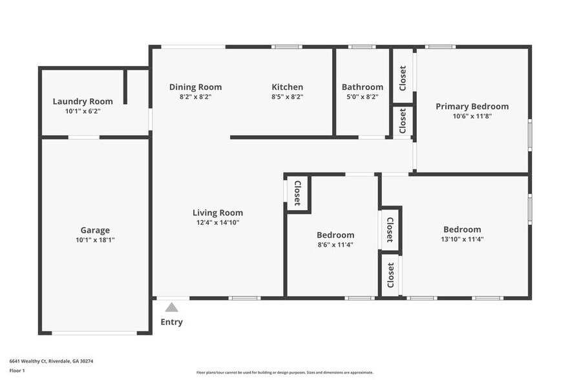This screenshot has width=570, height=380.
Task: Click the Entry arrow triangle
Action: tap(171, 308)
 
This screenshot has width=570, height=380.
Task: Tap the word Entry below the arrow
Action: tap(171, 322)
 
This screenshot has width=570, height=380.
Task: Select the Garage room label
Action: tap(95, 230)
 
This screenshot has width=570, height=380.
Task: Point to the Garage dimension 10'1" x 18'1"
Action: tap(95, 240)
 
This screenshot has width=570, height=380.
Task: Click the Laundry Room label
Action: tap(83, 101)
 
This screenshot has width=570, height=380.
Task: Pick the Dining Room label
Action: tap(195, 87)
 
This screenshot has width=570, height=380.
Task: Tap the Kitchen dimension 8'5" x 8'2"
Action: tap(287, 97)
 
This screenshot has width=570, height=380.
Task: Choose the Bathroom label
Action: tap(363, 87)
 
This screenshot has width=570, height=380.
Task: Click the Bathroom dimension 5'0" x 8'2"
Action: tap(363, 97)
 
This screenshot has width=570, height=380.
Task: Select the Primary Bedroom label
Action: tap(472, 107)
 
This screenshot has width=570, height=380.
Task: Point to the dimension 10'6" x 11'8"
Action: tap(472, 116)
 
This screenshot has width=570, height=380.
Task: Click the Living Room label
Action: tap(218, 213)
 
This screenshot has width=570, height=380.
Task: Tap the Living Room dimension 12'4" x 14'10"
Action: tap(218, 222)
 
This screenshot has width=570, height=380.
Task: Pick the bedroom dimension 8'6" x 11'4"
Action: tap(335, 245)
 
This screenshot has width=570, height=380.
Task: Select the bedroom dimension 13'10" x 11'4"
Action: tap(462, 239)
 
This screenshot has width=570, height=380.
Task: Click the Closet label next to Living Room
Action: tap(297, 193)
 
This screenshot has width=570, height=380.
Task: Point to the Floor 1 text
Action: tap(17, 370)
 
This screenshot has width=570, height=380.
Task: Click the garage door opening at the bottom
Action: tap(94, 333)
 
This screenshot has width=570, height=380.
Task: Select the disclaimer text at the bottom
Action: tap(285, 372)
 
